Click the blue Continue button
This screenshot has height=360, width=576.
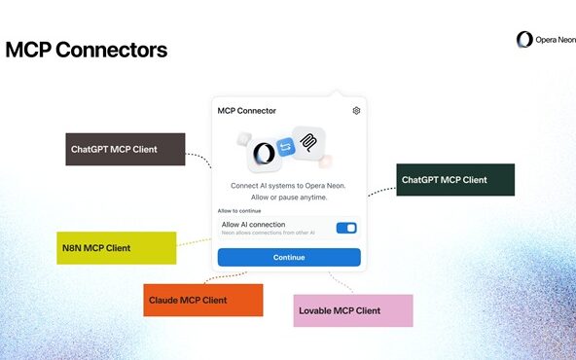pos(288,257)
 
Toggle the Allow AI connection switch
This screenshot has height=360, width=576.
pos(345,228)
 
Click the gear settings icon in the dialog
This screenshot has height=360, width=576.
pos(356,111)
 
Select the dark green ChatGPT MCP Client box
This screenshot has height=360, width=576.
pos(455,180)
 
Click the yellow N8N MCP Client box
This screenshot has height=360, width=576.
pos(116,247)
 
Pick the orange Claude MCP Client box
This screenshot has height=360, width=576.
pos(203,300)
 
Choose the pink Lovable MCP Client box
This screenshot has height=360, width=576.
pos(353,310)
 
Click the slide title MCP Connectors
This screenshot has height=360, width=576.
pos(86,50)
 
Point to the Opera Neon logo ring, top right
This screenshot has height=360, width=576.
pos(523,40)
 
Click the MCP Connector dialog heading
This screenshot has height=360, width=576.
pos(246,111)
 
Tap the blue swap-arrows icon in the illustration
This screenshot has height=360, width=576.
pos(286,147)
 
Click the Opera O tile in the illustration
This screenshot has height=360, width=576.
pos(263,154)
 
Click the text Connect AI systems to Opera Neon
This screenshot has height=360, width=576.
pos(288,185)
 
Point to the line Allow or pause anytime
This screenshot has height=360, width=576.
pos(288,198)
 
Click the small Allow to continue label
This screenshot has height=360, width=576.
pos(238,211)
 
